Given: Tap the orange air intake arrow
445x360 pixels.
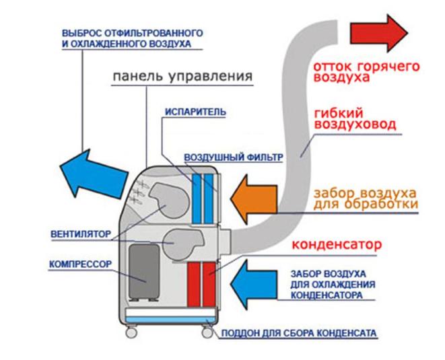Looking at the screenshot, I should tap(253, 198).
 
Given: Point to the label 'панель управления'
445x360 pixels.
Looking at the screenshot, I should tap(181, 75).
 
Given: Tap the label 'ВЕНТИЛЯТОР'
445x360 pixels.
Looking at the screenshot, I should tap(79, 236).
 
